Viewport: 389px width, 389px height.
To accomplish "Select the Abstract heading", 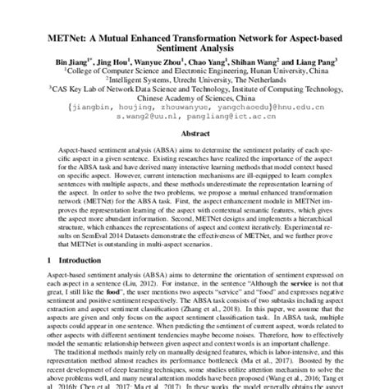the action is click(194, 130).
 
